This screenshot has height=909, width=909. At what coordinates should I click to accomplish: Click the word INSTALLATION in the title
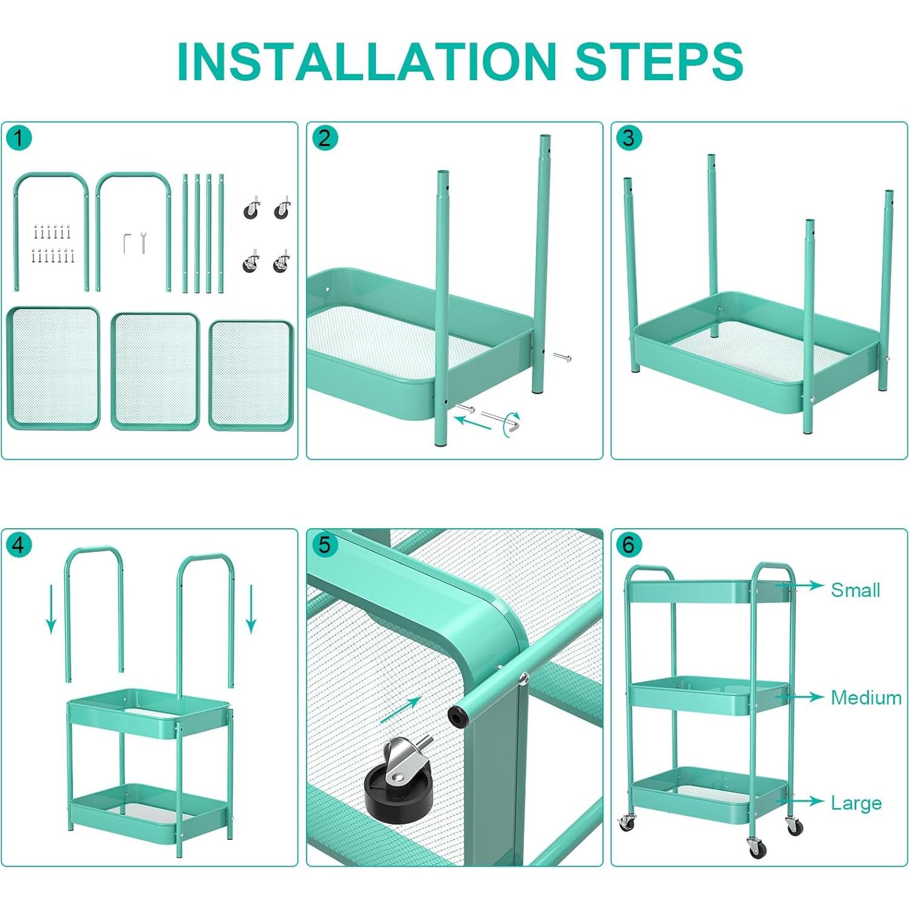(x=366, y=61)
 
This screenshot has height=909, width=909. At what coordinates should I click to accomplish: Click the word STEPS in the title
(x=659, y=61)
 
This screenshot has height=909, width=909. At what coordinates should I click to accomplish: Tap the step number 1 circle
(x=18, y=138)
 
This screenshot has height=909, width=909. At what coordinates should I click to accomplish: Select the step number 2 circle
(x=324, y=138)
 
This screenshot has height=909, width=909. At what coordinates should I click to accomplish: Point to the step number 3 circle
(x=628, y=138)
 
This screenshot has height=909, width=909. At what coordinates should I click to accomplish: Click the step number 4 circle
(x=18, y=545)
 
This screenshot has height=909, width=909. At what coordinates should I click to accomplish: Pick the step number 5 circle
(x=324, y=545)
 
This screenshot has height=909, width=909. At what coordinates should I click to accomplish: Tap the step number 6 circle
(x=628, y=545)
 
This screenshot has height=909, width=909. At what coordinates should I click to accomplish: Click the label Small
(x=855, y=590)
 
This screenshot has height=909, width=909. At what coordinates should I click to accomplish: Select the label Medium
(x=866, y=697)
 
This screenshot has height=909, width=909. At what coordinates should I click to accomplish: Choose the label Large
(x=856, y=803)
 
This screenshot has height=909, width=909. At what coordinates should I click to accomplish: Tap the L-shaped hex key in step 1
(x=126, y=243)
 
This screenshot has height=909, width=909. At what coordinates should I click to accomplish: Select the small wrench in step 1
(x=143, y=242)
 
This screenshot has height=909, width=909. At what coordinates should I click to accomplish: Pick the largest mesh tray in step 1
(x=53, y=369)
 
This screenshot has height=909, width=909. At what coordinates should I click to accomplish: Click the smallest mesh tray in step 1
(x=251, y=375)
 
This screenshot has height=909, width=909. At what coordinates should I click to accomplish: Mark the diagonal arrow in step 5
(x=401, y=710)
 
